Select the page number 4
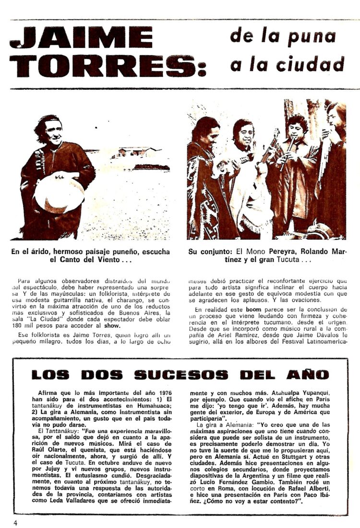coord(15,522)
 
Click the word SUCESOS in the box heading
coord(181,375)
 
